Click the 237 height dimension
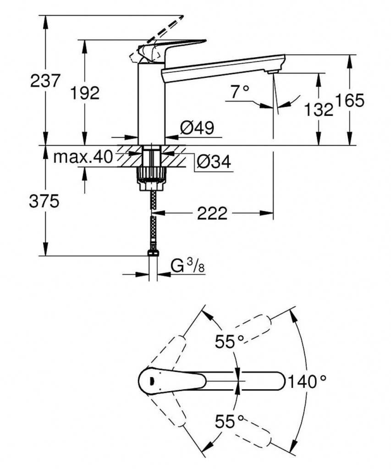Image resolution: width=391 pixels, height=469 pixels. click(45, 82)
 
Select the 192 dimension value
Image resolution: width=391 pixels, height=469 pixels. click(85, 93)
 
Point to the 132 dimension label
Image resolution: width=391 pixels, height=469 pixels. click(318, 109)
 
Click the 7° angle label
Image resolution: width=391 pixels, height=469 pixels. click(239, 93)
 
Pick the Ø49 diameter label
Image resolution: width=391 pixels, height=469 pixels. click(197, 128)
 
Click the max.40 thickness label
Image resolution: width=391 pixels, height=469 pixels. click(83, 157)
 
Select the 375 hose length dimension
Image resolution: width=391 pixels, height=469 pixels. click(44, 201)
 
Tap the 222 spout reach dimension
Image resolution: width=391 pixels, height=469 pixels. click(212, 213)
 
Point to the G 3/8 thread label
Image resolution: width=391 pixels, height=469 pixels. click(188, 266)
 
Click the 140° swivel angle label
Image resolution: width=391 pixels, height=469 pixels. click(308, 381)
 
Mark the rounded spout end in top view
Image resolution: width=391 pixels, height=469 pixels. click(277, 381)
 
